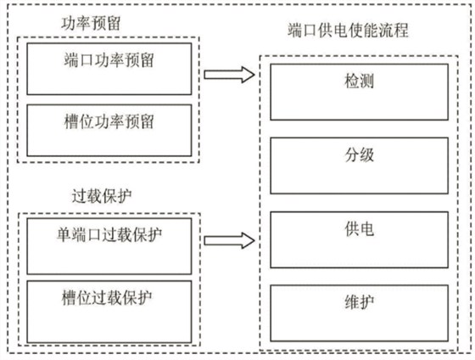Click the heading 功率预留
(91, 24)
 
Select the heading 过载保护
(102, 196)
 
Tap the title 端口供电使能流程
(348, 31)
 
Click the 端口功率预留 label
(109, 59)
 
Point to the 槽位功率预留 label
(109, 121)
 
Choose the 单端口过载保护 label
(109, 234)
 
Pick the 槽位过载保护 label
(107, 297)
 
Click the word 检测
(359, 81)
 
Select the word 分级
(359, 155)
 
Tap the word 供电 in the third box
(359, 229)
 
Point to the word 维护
(359, 302)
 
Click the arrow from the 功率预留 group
(229, 75)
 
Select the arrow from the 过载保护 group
(229, 241)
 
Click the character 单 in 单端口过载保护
(64, 234)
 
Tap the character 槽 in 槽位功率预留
(71, 121)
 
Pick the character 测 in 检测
(366, 81)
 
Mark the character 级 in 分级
(366, 155)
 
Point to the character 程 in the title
(401, 31)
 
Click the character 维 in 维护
(352, 302)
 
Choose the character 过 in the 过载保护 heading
(80, 196)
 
